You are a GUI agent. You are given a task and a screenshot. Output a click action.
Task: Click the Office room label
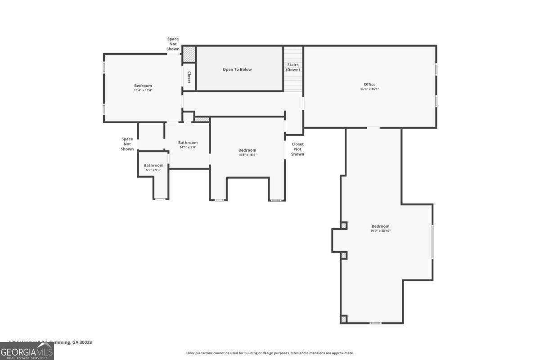369,84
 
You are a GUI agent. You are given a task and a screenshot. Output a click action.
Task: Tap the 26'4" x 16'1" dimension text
369,89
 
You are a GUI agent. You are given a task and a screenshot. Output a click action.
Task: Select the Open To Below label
237,69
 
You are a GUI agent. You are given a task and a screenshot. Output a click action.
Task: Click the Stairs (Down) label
293,67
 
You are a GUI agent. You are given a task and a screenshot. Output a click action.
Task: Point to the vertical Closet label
189,77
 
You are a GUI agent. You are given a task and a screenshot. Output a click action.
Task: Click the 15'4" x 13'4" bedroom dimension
143,90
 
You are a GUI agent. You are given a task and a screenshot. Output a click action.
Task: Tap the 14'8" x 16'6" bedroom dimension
247,155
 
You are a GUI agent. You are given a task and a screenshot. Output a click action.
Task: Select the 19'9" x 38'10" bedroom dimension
380,231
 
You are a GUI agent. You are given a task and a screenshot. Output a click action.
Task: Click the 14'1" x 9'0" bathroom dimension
188,147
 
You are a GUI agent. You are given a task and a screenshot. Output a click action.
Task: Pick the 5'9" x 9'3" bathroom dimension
153,170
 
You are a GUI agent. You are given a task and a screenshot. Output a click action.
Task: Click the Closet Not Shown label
297,149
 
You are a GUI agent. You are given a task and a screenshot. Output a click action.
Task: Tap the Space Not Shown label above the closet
173,44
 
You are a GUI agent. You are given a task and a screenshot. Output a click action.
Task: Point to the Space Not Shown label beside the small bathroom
127,144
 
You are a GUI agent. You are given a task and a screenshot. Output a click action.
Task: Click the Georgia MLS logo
27,351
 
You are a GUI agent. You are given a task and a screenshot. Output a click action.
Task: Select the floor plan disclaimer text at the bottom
270,353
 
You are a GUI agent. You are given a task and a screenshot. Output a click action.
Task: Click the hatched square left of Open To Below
189,54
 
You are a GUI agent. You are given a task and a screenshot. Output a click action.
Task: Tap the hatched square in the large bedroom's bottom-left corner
344,319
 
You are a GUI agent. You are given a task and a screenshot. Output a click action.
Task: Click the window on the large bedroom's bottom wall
375,323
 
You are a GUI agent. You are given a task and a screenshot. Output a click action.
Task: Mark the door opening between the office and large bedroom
373,128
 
